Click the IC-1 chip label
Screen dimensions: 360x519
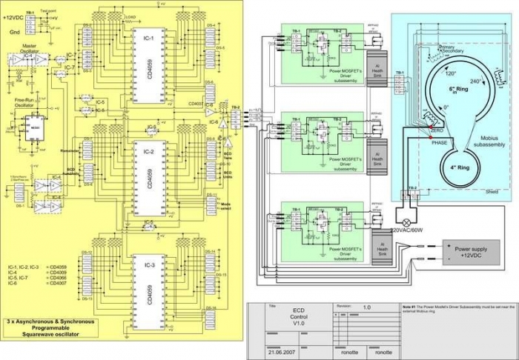(148, 36)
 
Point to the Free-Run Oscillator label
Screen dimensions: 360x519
(26, 104)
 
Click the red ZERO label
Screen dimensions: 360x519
(437, 131)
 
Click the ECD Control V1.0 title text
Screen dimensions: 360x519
(298, 317)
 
